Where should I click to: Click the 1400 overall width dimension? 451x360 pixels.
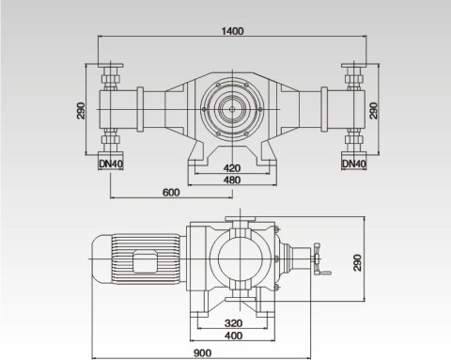(233, 30)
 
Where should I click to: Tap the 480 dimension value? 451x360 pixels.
(231, 180)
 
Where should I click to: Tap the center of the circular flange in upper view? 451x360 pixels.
(230, 109)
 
